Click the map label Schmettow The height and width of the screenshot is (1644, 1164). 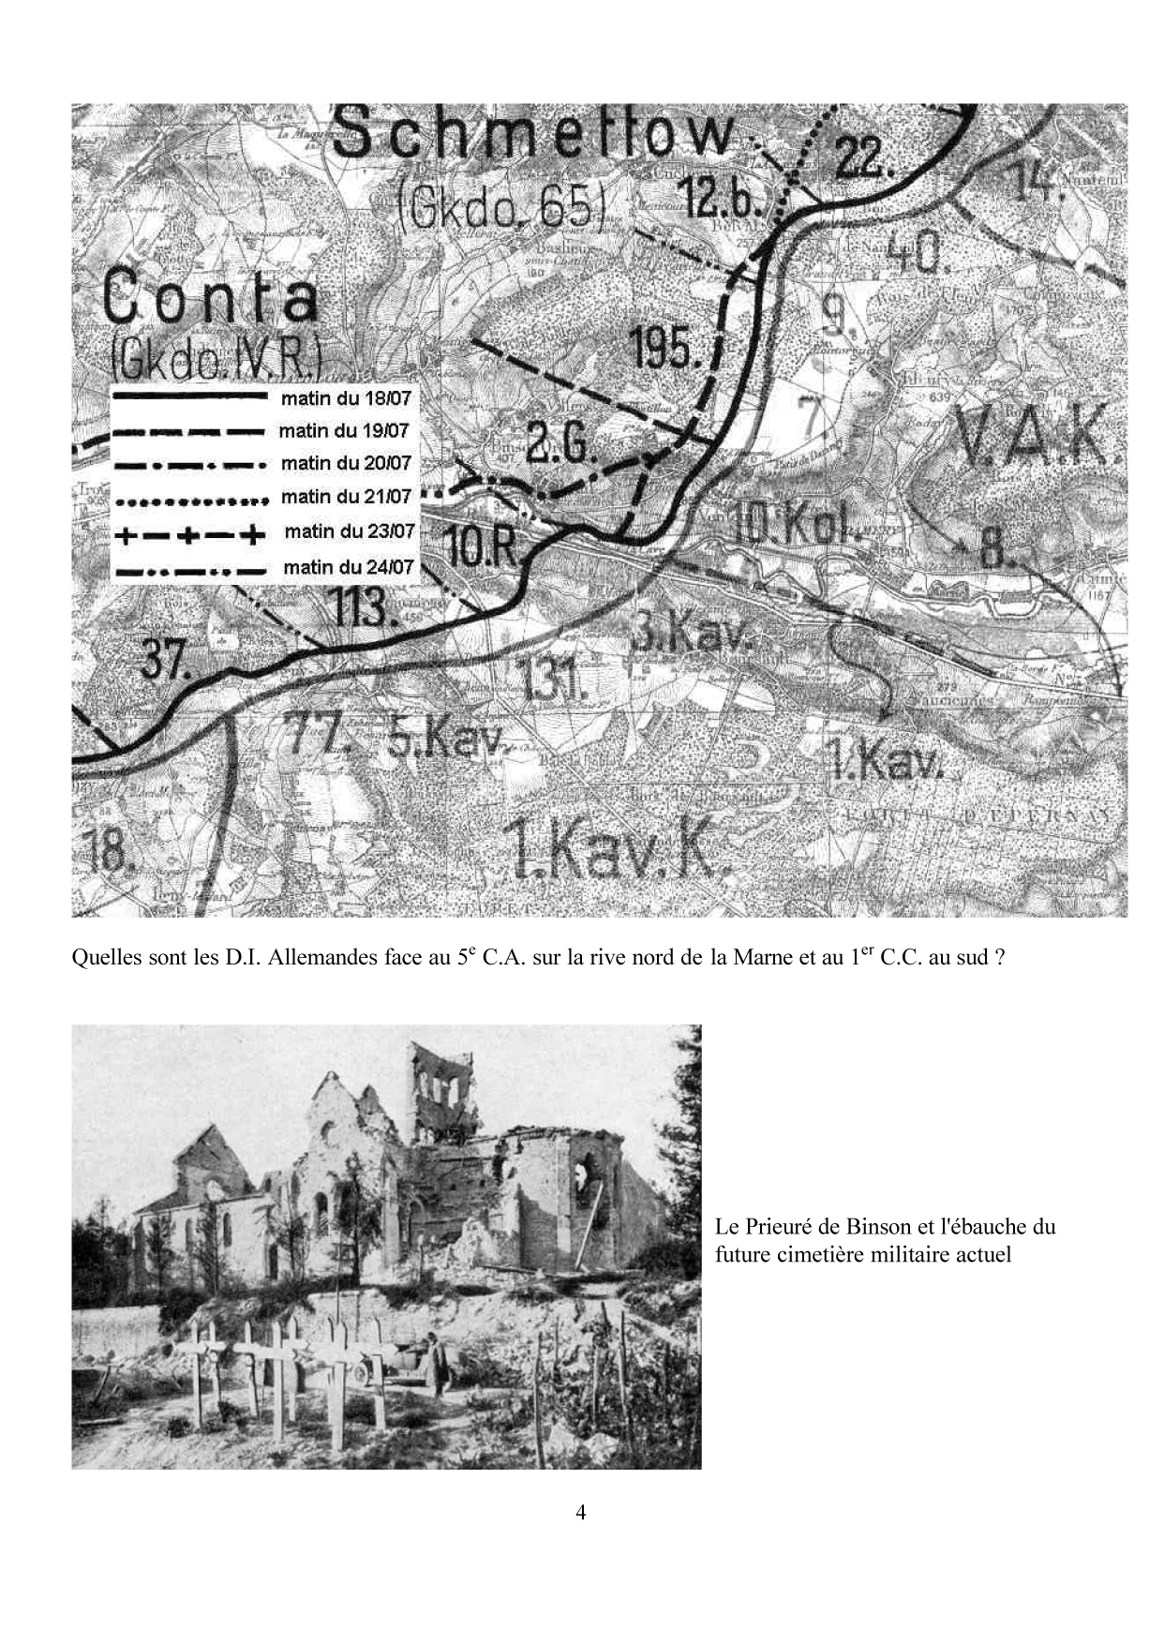tap(534, 134)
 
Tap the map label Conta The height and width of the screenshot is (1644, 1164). tap(211, 299)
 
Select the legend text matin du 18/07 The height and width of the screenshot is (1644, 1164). tap(346, 398)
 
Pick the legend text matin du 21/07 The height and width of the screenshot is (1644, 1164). tap(346, 497)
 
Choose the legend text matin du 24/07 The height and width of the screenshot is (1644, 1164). tap(348, 567)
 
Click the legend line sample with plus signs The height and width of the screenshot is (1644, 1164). tap(187, 534)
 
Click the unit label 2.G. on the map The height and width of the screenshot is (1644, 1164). tap(559, 444)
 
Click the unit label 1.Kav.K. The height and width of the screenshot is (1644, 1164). tap(616, 850)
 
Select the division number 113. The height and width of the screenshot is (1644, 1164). tap(360, 608)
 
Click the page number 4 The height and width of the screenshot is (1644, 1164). tap(581, 1513)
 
